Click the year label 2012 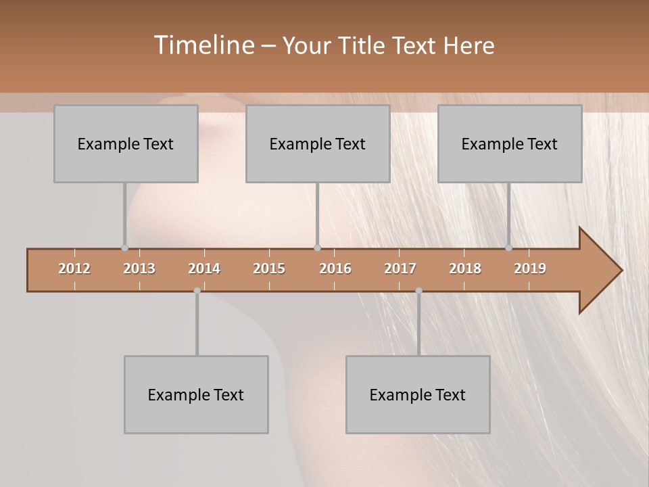coord(74,269)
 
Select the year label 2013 coord(139,269)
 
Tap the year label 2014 coord(204,269)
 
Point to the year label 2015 coord(269,269)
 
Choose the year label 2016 coord(335,269)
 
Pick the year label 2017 coord(400,269)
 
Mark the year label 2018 coord(465,269)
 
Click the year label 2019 coord(530,269)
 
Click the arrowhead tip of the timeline coord(620,271)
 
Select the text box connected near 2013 coord(126,144)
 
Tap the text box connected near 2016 coord(318,144)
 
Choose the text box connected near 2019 coord(510,144)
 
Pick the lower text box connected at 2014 coord(196,395)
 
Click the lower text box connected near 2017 coord(418,395)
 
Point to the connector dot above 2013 coord(124,248)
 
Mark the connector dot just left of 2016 coord(317,248)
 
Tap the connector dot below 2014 coord(197,291)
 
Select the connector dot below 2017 coord(418,291)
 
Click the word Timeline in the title coord(203,45)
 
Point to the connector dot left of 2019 coord(508,248)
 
